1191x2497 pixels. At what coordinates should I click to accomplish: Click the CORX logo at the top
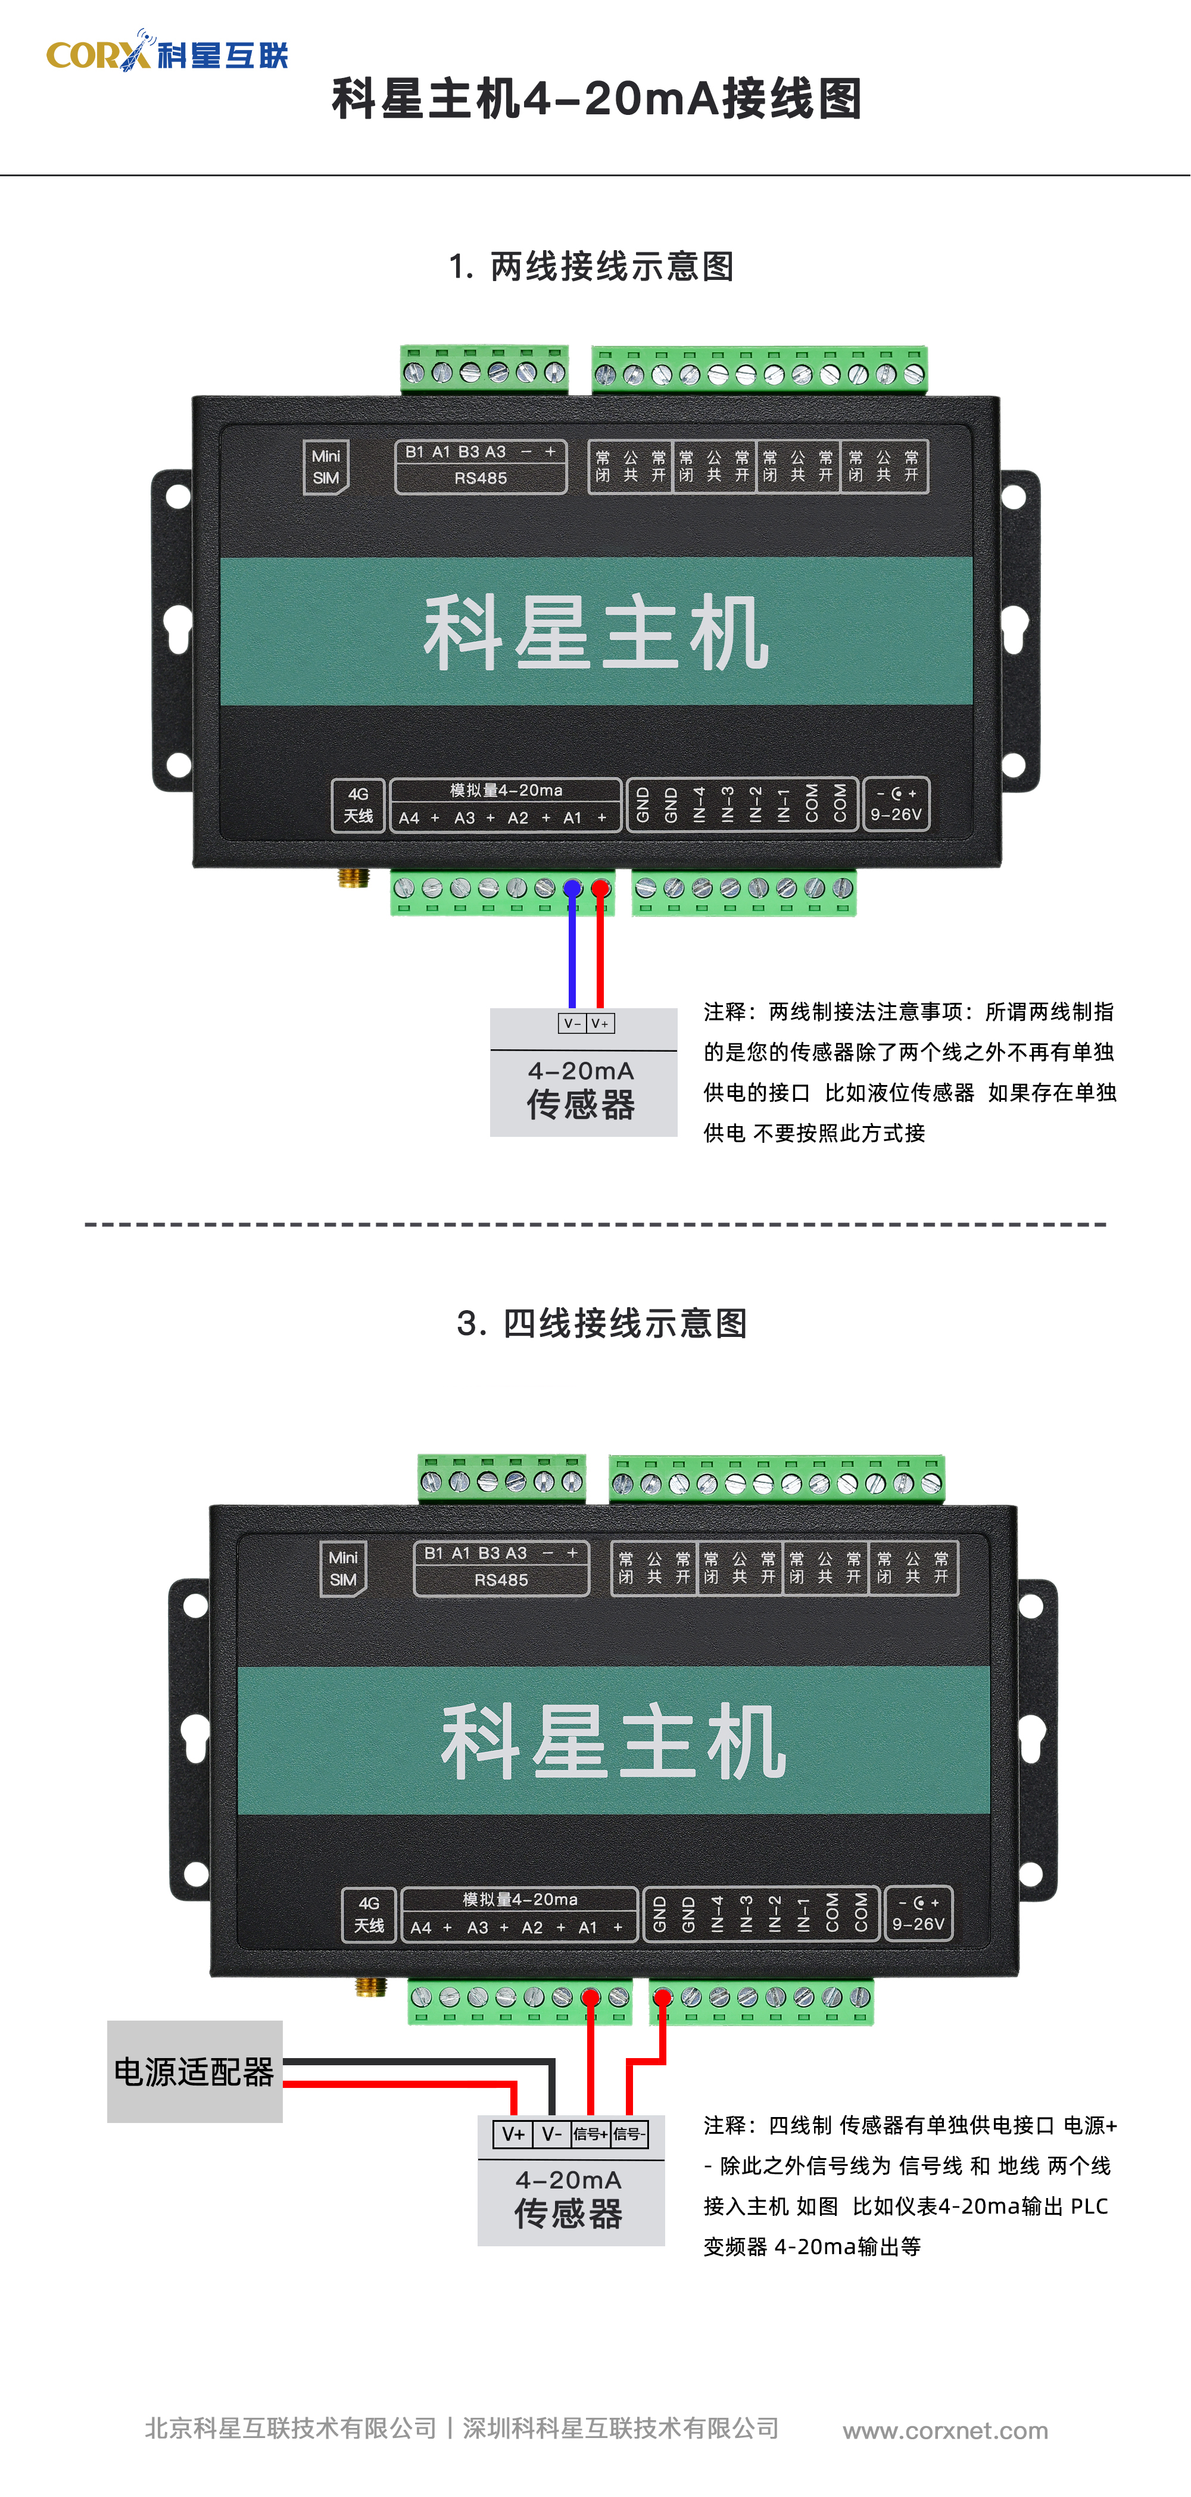tap(167, 51)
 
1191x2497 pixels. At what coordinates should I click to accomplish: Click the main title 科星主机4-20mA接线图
tap(597, 99)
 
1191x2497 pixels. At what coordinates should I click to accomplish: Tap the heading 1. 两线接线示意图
tap(591, 266)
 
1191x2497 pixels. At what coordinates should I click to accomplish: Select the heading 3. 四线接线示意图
tap(602, 1323)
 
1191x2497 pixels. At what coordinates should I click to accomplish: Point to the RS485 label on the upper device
tap(481, 478)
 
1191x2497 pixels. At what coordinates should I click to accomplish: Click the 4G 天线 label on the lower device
tap(368, 1915)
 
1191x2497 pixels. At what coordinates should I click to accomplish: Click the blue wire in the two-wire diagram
tap(572, 945)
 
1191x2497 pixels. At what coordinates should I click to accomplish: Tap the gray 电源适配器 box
tap(195, 2071)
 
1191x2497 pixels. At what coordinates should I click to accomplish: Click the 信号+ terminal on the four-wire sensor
tap(590, 2134)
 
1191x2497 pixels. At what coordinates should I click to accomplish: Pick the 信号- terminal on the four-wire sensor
tap(629, 2134)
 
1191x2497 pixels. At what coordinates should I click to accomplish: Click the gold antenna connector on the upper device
tap(353, 877)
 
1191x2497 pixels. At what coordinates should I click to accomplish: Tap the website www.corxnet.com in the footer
tap(945, 2430)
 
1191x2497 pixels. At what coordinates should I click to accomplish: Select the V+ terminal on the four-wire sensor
tap(513, 2134)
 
